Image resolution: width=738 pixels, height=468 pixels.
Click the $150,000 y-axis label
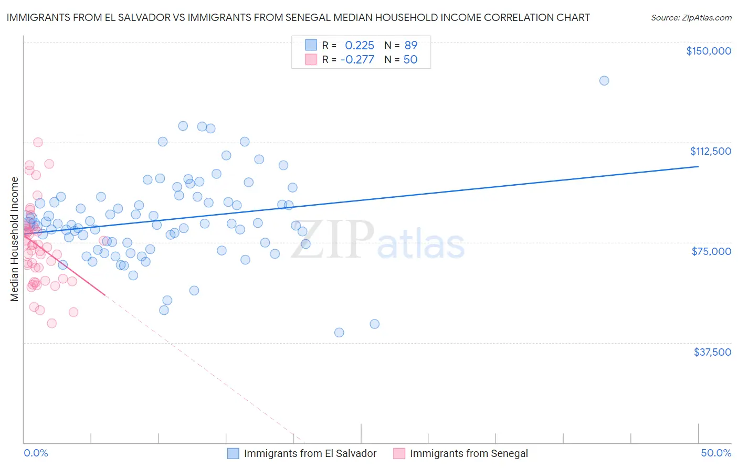(x=708, y=51)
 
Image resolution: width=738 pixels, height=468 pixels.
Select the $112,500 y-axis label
(x=710, y=151)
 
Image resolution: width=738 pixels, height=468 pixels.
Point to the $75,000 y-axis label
(x=711, y=251)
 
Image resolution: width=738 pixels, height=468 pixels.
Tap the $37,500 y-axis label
(x=712, y=352)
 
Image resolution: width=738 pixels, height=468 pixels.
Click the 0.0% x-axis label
(x=36, y=453)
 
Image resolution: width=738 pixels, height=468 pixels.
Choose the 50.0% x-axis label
(x=716, y=453)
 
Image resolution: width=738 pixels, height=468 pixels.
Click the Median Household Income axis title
(x=15, y=239)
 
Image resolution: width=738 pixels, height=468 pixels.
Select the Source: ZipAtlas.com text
(x=691, y=18)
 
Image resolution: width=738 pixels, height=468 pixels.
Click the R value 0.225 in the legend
(x=360, y=46)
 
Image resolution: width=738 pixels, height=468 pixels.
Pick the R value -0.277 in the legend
(x=357, y=60)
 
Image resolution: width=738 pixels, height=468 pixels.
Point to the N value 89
(x=411, y=46)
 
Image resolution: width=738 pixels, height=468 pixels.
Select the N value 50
(x=410, y=60)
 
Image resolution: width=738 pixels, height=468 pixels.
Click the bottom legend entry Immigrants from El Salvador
(x=310, y=454)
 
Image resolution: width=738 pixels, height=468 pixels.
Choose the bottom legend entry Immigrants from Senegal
(x=469, y=454)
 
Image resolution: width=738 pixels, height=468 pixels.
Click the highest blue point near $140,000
(x=604, y=81)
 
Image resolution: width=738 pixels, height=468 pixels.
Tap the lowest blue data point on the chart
(x=339, y=333)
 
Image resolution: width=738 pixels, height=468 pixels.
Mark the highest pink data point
(x=38, y=142)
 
